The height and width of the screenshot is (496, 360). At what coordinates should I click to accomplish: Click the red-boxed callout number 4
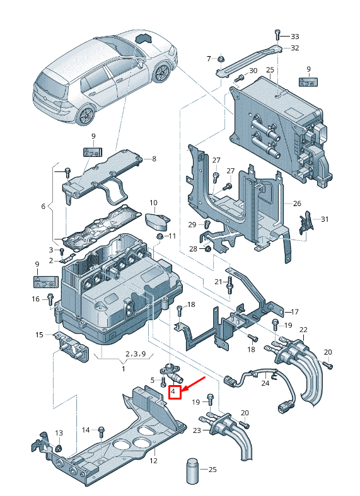pos(175,393)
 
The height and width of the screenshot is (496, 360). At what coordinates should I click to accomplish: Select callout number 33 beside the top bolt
pos(294,36)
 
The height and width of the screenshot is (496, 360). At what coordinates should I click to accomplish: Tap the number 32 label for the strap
pos(294,48)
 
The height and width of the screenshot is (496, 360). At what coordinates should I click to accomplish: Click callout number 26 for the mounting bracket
pos(298,204)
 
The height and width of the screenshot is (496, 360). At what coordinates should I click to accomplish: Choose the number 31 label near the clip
pos(325,219)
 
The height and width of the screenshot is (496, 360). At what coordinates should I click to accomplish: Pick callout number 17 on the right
pos(294,312)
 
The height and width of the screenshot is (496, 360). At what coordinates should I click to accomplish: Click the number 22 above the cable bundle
pos(303,330)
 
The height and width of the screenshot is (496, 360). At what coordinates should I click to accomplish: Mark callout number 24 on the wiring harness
pos(265,382)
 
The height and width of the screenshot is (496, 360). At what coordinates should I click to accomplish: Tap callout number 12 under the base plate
pos(153,461)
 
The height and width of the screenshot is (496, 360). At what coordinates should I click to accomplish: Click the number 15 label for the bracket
pos(39,335)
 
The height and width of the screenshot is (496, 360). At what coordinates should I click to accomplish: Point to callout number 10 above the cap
pos(153,202)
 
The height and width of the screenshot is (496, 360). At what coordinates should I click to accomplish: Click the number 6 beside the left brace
pos(44,206)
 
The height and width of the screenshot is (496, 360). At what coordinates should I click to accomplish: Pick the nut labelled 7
pos(221,60)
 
